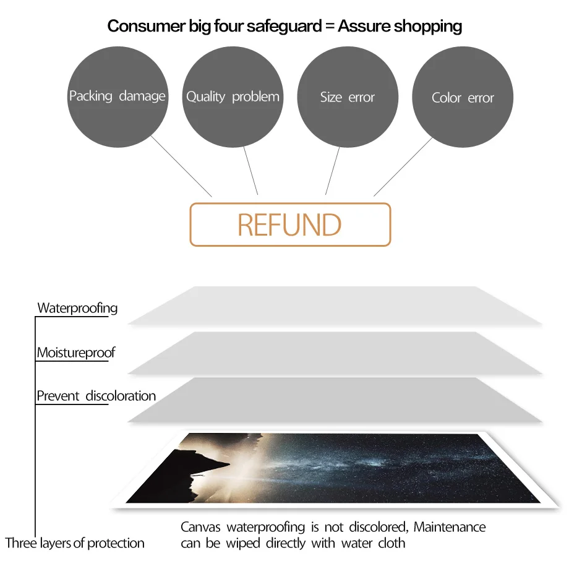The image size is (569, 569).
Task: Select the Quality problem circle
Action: pos(233,96)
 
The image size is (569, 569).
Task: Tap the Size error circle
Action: pos(348,97)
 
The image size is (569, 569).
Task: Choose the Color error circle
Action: pos(463,98)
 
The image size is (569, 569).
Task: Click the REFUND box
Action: pos(290,225)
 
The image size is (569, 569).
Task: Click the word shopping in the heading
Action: pos(427,26)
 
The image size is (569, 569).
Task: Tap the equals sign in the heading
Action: pos(329,26)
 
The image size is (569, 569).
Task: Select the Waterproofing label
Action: pos(77,307)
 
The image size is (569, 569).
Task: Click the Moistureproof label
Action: pos(75,353)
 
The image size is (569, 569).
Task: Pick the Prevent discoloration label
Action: pos(96,396)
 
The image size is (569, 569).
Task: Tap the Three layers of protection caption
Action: pos(75,543)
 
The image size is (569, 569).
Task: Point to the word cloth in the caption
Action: pos(391,543)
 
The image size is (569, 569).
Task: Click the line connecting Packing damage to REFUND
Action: pos(182,166)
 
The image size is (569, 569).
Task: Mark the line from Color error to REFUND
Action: pos(403,166)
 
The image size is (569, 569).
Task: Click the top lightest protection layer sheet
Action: pos(334,306)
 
